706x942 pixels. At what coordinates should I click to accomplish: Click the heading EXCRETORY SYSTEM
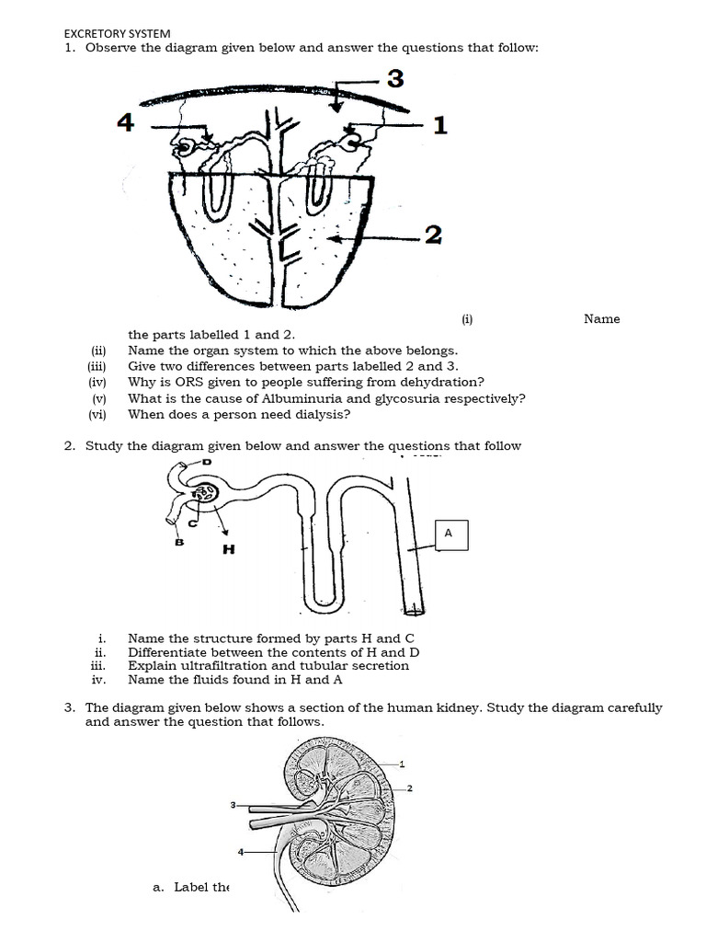coord(117,33)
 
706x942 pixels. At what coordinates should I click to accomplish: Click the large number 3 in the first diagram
coord(394,80)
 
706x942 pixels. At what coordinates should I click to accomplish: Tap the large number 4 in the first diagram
coord(126,122)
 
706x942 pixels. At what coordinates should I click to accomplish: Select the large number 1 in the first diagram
coord(439,125)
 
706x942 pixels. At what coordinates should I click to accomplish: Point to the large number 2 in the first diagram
coord(433,236)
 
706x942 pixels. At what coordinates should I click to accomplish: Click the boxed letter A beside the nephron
coord(448,533)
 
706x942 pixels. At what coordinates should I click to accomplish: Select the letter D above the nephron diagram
coord(206,462)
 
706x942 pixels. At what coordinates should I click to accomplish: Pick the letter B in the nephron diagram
coord(179,542)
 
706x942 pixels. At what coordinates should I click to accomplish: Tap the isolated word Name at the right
coord(601,319)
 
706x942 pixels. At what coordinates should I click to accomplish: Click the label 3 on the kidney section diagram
coord(233,805)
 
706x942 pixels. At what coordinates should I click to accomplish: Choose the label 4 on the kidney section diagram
coord(241,852)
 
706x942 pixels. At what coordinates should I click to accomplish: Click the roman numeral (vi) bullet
coord(97,415)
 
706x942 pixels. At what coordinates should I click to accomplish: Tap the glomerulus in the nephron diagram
coord(204,497)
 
